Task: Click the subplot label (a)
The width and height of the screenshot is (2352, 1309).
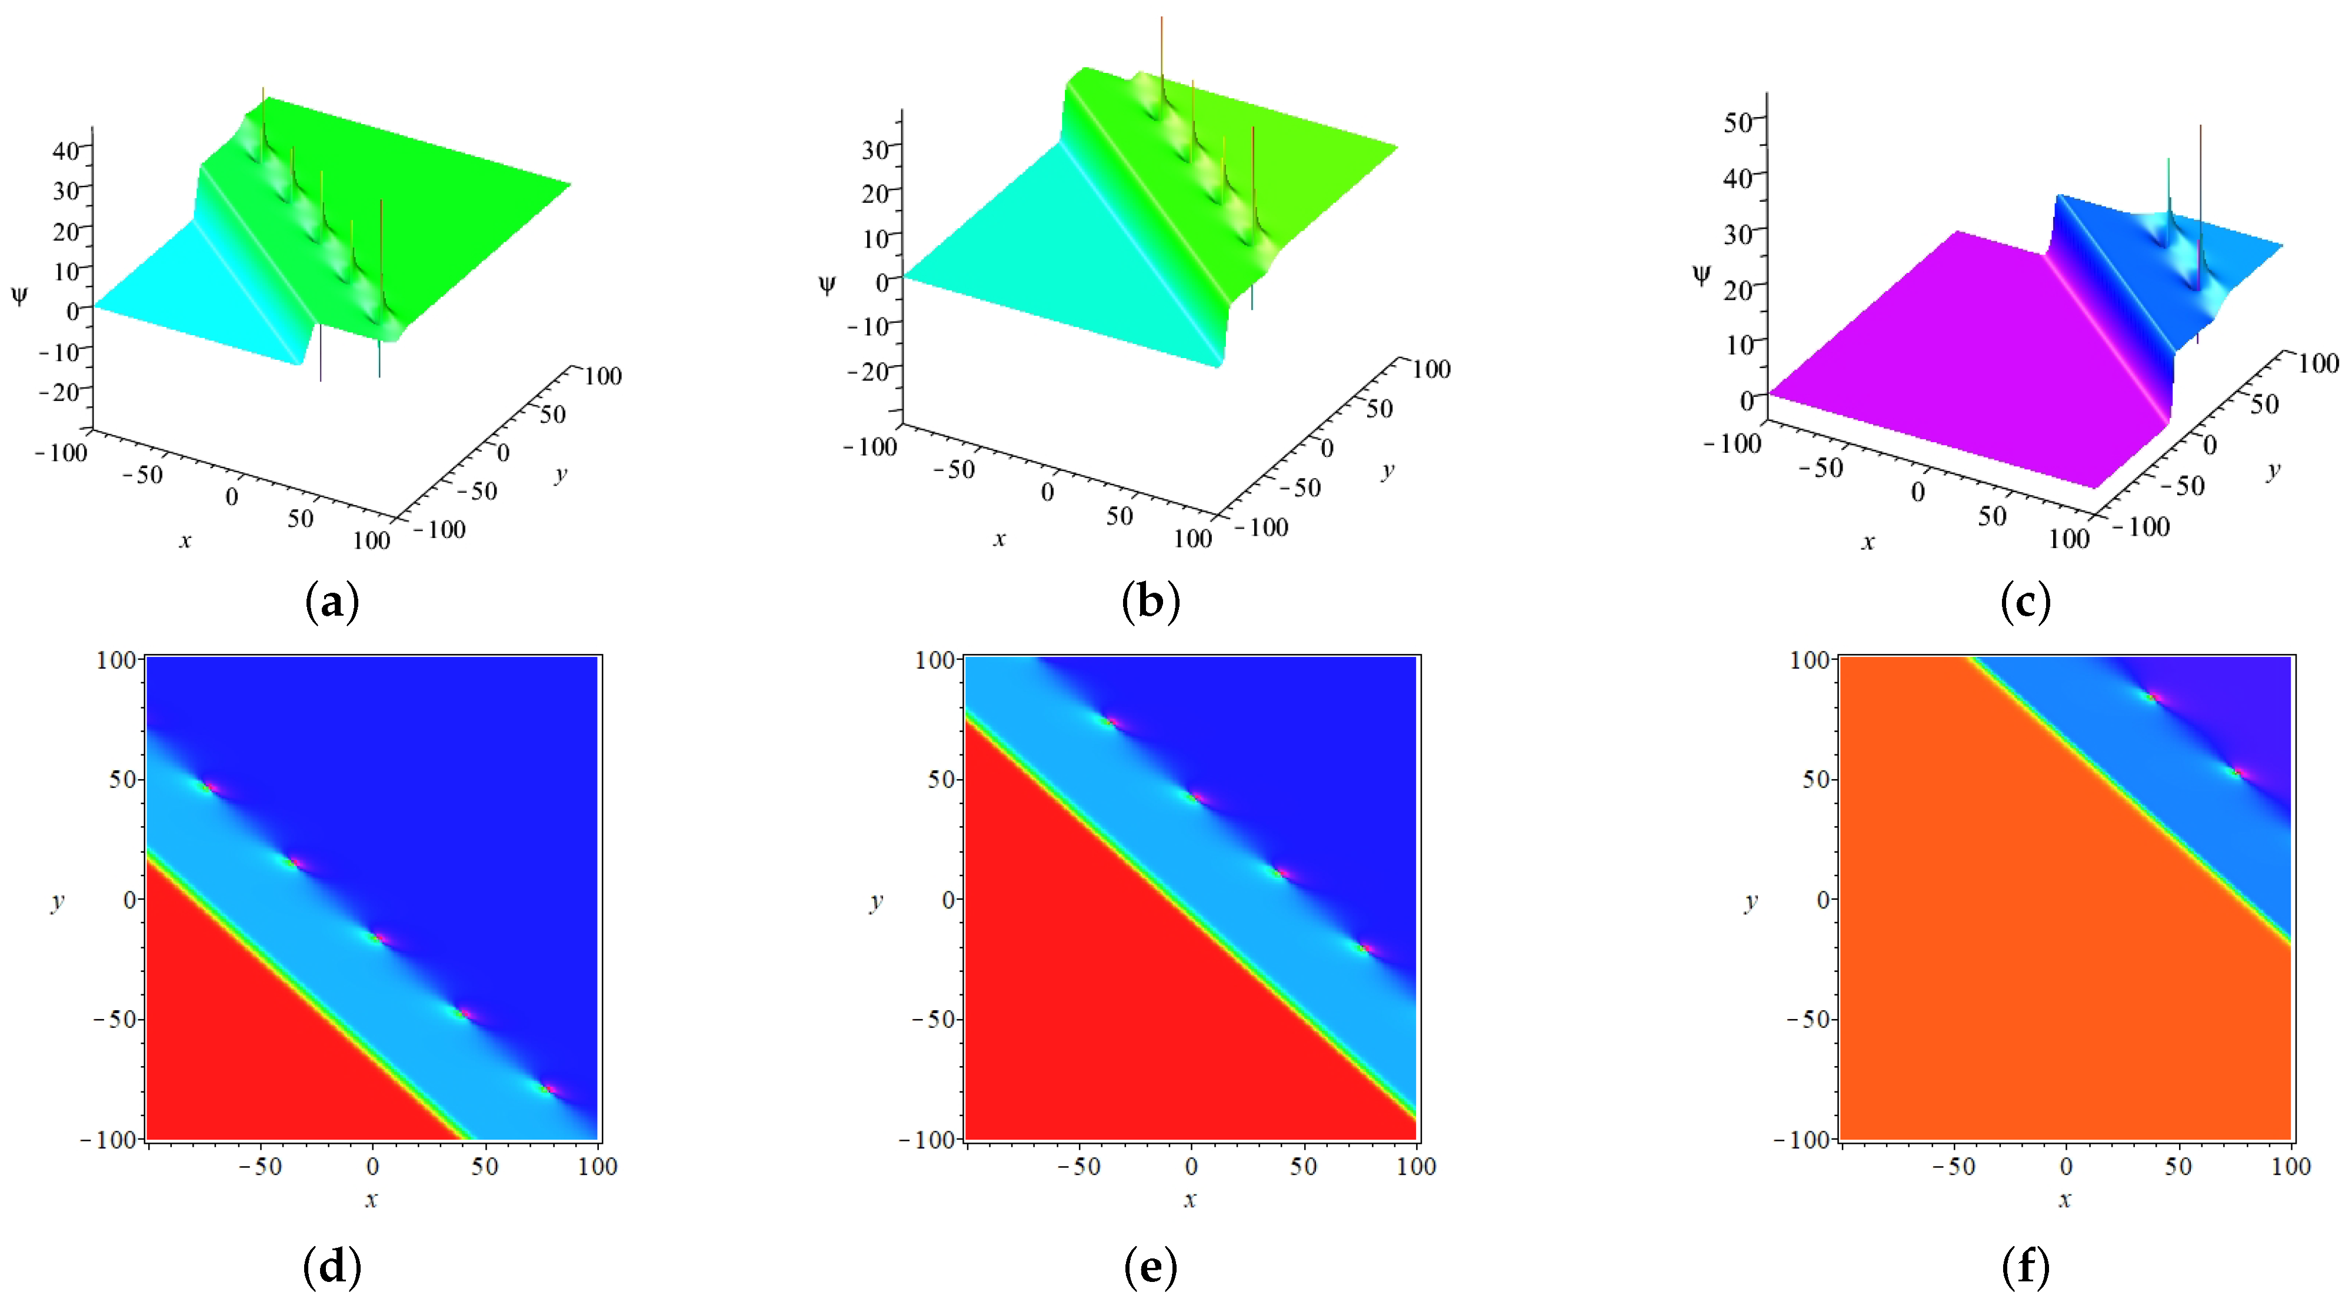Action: pos(331,603)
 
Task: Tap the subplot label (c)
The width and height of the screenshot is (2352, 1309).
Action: pos(2025,603)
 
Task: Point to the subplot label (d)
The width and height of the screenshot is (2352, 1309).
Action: pos(331,1267)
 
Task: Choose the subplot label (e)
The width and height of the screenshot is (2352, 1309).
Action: pos(1151,1267)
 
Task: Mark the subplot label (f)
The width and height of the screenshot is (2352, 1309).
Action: pos(2025,1267)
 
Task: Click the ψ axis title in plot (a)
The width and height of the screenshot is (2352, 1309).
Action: pos(19,295)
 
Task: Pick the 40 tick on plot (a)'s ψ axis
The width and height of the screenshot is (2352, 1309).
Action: pos(66,150)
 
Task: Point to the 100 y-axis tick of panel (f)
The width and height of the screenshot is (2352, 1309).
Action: pos(1809,659)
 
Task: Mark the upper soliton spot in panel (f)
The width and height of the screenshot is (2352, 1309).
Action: pos(2152,697)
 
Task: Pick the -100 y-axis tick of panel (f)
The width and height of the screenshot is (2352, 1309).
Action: pos(1803,1139)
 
